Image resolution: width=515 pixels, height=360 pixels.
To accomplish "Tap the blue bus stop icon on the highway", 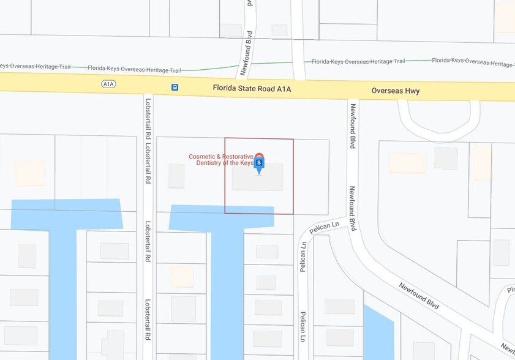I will coord(175,88).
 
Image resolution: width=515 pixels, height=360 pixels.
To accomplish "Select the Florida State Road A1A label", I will coord(252,89).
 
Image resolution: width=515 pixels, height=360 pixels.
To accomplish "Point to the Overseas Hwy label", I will coord(396,91).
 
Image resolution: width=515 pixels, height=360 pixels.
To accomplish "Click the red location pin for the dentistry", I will coord(260,156).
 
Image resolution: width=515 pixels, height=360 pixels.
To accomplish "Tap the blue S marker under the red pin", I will coord(259,163).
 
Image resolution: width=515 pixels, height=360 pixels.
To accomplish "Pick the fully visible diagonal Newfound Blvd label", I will coord(419,296).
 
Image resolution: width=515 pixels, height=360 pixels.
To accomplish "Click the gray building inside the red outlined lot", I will coord(257,178).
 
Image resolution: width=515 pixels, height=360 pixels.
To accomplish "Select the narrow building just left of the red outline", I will coord(176,176).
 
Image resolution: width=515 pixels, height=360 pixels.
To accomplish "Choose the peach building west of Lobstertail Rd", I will coord(29,173).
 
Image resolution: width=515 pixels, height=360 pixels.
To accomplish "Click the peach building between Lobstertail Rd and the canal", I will coord(182,277).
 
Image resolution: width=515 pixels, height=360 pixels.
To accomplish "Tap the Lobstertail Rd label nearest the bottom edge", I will coord(148,320).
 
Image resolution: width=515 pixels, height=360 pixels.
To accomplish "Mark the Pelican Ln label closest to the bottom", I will coord(303,326).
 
